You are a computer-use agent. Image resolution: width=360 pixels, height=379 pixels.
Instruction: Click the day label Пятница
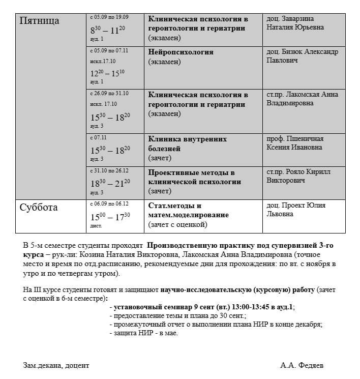point(39,21)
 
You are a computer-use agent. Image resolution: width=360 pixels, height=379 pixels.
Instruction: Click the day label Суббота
point(39,208)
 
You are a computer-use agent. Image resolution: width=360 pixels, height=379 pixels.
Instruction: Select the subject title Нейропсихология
point(181,52)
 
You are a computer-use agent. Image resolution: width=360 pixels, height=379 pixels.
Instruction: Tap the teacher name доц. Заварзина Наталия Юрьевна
point(295,23)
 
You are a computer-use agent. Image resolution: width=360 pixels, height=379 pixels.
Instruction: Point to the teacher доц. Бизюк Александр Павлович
point(302,56)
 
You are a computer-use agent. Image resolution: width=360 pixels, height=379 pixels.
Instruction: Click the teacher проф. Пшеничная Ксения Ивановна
point(295,143)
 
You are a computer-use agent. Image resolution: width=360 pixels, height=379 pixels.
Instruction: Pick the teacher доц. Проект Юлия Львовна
point(296,210)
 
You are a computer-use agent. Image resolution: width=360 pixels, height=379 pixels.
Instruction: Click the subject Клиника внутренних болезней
point(187,143)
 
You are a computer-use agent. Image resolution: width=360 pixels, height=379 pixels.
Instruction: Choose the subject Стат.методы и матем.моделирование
point(188,210)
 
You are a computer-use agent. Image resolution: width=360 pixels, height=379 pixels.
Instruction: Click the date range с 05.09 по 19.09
point(109,17)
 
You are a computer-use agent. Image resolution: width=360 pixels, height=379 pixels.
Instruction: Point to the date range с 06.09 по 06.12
point(109,203)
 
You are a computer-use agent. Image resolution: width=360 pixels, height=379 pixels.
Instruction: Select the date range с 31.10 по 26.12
point(109,170)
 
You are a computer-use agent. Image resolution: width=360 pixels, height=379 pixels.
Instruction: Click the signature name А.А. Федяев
point(302,365)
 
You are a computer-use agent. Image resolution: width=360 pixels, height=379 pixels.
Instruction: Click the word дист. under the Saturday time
point(96,225)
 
